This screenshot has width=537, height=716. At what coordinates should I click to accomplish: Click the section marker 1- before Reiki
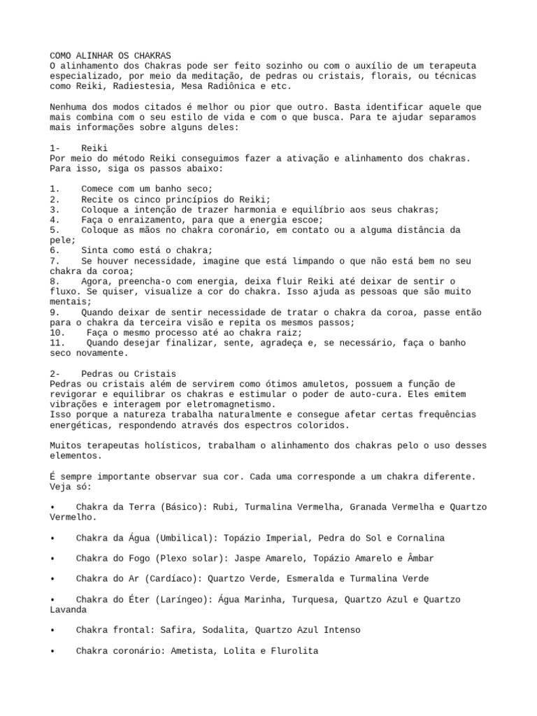pos(55,148)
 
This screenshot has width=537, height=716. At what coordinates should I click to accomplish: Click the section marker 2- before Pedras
pos(55,373)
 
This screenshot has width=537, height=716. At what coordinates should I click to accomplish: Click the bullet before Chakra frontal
pos(53,630)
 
